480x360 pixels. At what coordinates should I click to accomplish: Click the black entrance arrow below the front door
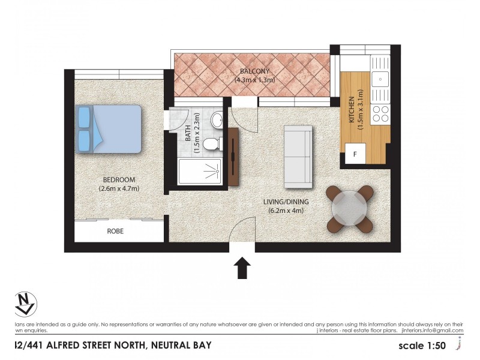click(x=242, y=268)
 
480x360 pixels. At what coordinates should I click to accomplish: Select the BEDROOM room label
click(x=119, y=179)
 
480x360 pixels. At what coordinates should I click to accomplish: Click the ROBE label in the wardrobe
click(x=116, y=230)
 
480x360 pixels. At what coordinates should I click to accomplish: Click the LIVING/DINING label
click(x=286, y=202)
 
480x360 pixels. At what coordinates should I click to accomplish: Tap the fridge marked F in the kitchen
click(x=355, y=154)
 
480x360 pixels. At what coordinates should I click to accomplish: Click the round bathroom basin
click(x=217, y=120)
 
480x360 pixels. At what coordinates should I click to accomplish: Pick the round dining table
click(x=350, y=209)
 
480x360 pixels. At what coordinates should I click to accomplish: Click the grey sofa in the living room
click(x=298, y=155)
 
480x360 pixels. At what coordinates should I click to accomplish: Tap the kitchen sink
click(x=379, y=78)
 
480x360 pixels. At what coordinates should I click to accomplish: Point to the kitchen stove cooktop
click(x=380, y=112)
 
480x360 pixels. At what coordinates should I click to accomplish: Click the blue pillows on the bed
click(x=83, y=128)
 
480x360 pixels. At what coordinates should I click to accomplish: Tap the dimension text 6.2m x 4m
click(x=286, y=210)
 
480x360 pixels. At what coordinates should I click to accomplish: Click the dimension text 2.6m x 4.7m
click(x=119, y=188)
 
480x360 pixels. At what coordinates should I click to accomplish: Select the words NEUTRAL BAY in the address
click(x=181, y=345)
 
